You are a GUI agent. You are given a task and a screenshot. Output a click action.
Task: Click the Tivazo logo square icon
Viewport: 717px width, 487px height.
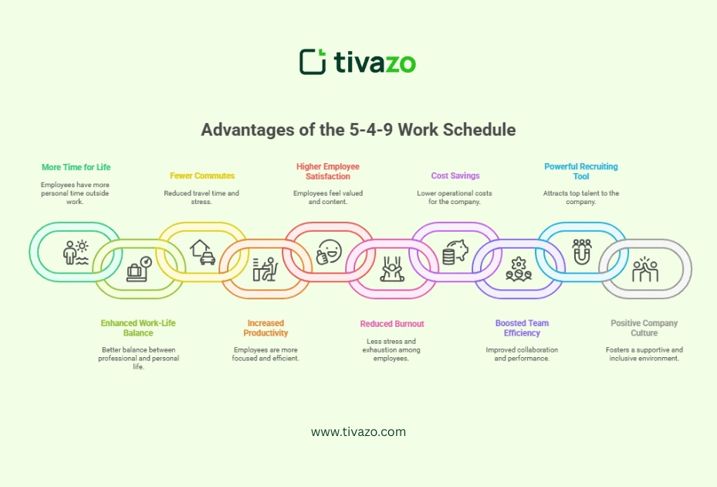313,62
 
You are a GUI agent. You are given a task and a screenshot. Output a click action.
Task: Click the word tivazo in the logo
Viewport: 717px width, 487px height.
375,62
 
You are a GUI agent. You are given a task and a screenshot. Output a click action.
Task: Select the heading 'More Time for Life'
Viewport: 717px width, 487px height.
76,167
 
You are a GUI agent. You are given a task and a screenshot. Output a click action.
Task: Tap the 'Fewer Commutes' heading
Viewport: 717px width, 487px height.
202,175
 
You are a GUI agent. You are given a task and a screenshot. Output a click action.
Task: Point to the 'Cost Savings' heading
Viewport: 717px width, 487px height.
455,175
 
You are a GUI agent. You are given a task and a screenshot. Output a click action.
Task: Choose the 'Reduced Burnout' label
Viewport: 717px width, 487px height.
392,324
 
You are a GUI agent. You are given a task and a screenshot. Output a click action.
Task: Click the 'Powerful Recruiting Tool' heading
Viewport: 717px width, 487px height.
580,171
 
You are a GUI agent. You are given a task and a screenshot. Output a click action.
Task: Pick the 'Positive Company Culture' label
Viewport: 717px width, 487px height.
644,328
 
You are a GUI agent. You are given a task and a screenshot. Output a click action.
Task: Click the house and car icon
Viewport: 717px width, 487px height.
202,252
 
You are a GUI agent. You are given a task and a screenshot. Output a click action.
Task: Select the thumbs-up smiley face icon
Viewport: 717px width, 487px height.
328,252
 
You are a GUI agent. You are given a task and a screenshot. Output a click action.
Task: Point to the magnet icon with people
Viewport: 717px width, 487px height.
581,251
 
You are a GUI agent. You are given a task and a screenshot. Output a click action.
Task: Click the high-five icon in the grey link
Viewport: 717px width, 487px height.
644,270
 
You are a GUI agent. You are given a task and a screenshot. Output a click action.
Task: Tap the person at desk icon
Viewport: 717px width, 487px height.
265,269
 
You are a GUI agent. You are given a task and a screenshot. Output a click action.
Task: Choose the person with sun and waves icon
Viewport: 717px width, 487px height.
76,252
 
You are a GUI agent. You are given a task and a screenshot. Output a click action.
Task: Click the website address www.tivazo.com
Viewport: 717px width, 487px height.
358,432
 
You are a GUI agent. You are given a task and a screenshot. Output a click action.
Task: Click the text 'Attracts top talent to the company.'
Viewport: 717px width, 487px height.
580,198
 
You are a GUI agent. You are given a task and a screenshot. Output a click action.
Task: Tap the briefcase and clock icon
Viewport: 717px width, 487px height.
139,268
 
